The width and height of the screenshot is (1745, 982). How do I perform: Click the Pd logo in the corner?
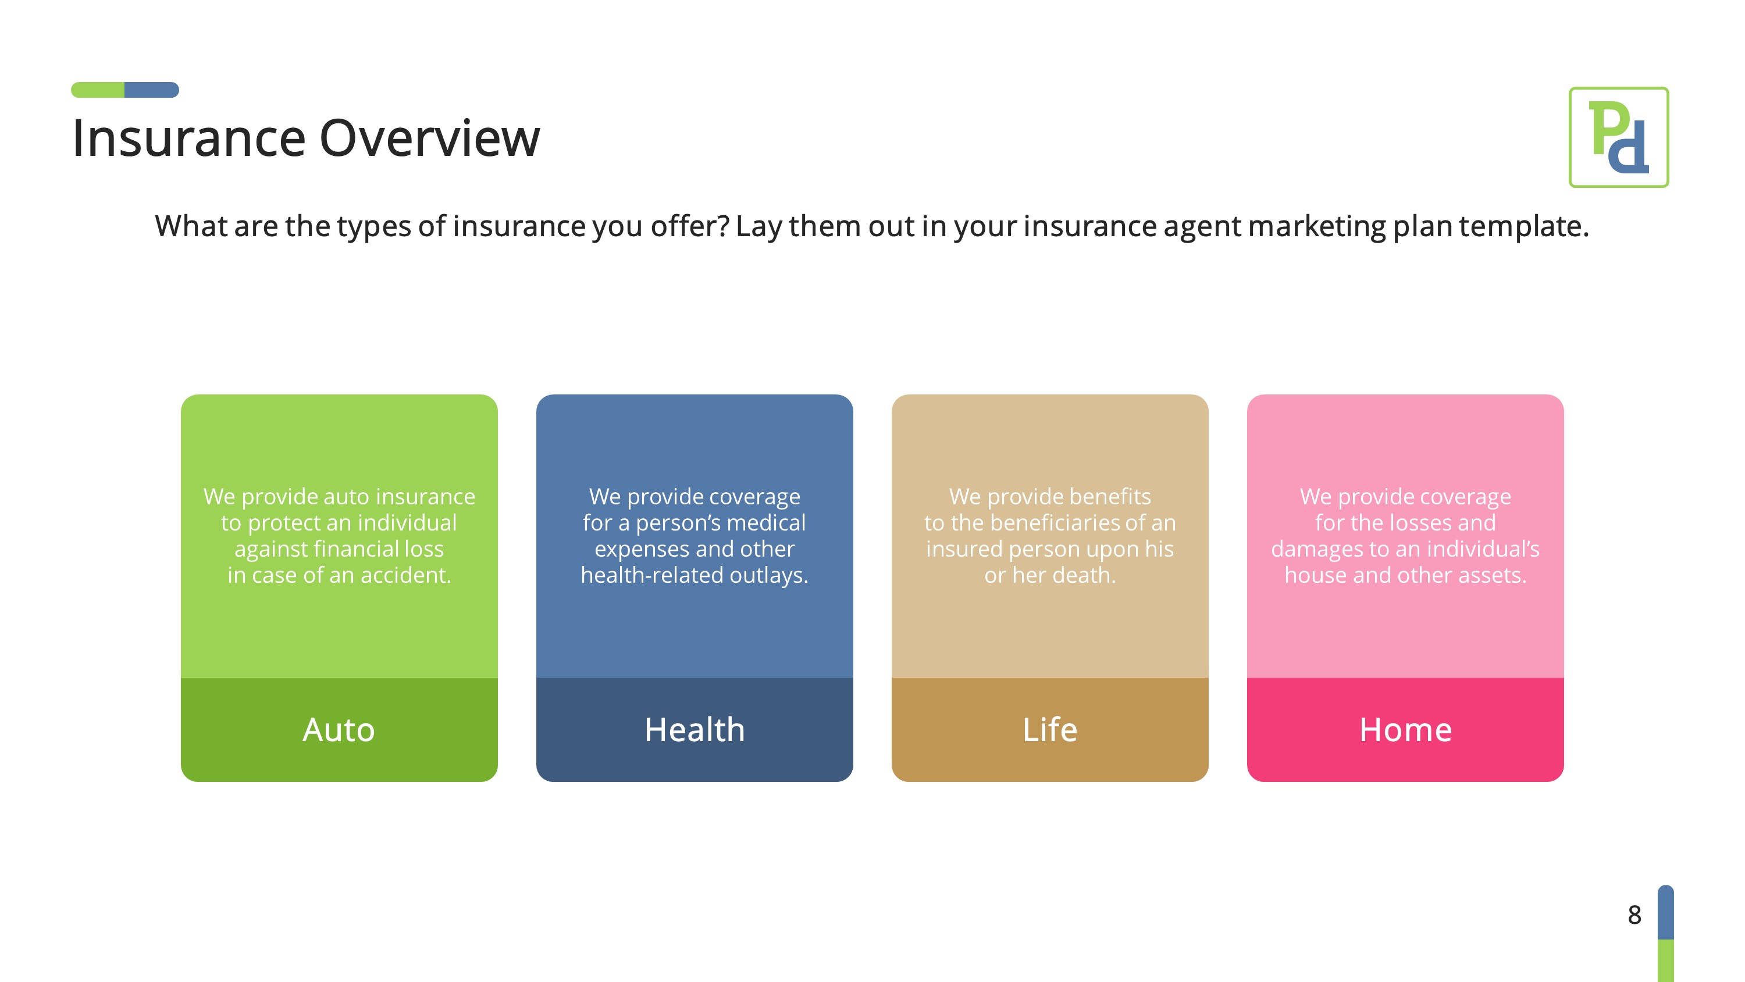(1618, 137)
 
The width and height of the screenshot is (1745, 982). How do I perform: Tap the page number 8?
(1634, 915)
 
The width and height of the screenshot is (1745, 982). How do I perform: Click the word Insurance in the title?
(188, 138)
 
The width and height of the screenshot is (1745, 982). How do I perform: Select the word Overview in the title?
(429, 138)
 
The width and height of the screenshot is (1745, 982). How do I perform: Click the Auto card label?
(339, 730)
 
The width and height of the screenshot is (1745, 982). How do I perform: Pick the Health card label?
(695, 730)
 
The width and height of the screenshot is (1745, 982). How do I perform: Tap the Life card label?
(1049, 730)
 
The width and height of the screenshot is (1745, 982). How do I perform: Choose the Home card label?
(1405, 730)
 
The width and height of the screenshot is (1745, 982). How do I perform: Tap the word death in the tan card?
(1084, 575)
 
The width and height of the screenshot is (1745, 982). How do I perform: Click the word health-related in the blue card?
(651, 575)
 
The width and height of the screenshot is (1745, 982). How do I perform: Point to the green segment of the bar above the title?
(98, 90)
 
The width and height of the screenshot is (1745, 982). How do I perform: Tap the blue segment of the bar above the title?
(152, 90)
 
